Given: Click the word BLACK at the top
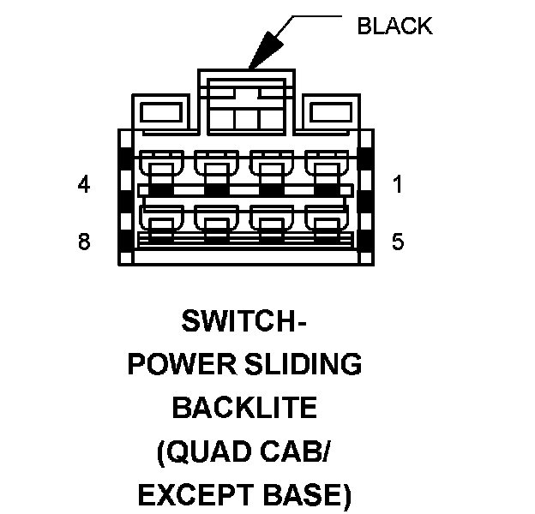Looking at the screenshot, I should click(x=394, y=26).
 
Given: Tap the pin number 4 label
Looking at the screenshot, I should click(x=83, y=184).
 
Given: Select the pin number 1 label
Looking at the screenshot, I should click(x=398, y=184).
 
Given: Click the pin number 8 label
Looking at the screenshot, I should click(x=83, y=242).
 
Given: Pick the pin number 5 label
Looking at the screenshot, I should click(x=398, y=242).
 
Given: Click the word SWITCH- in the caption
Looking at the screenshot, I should click(x=244, y=323).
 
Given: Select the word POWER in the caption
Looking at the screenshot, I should click(x=175, y=365).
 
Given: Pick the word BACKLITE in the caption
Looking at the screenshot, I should click(x=244, y=408).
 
